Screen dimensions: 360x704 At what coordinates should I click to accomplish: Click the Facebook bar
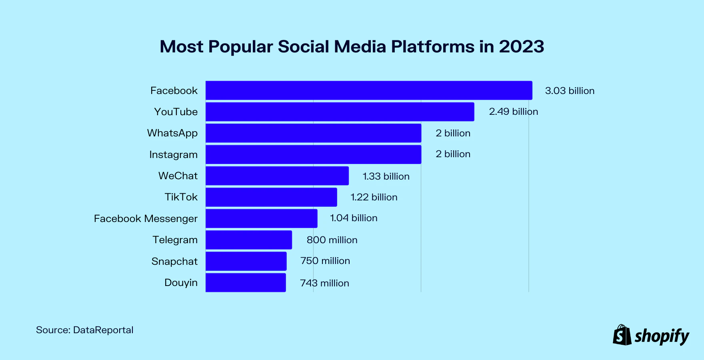(x=369, y=90)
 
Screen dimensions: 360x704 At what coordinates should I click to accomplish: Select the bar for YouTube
(x=340, y=112)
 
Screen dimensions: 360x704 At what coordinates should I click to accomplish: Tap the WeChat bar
(x=277, y=176)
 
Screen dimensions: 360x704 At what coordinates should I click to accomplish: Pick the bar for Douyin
(x=246, y=283)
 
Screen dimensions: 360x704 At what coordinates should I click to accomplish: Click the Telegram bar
(x=249, y=240)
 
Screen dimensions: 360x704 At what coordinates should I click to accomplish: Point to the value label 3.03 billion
(x=570, y=91)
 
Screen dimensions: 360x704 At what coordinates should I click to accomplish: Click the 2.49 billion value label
(x=513, y=112)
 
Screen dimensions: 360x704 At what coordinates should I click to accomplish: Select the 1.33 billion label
(x=386, y=176)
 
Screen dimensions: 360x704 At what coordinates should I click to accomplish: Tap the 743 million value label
(x=324, y=283)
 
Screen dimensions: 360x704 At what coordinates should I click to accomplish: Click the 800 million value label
(x=332, y=240)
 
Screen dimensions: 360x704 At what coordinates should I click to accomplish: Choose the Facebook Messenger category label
(x=146, y=219)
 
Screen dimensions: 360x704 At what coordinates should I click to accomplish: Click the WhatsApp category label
(x=172, y=133)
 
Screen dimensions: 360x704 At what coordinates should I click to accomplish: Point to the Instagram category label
(x=173, y=155)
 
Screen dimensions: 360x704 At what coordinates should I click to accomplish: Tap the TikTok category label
(x=181, y=197)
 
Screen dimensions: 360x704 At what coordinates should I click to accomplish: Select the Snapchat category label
(x=174, y=262)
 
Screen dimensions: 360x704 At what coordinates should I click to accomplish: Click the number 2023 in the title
(x=521, y=47)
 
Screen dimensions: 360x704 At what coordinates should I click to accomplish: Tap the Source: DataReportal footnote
(x=85, y=330)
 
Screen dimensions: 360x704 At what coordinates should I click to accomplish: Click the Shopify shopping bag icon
(x=622, y=335)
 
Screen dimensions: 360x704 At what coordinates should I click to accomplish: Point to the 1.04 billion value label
(x=354, y=218)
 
